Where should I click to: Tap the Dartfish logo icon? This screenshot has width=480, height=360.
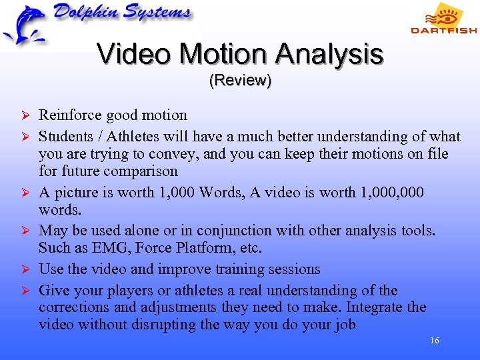click(445, 14)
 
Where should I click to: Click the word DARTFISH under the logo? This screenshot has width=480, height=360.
click(444, 30)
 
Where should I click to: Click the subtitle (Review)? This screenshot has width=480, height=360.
click(240, 81)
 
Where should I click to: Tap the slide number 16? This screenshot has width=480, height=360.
click(435, 341)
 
